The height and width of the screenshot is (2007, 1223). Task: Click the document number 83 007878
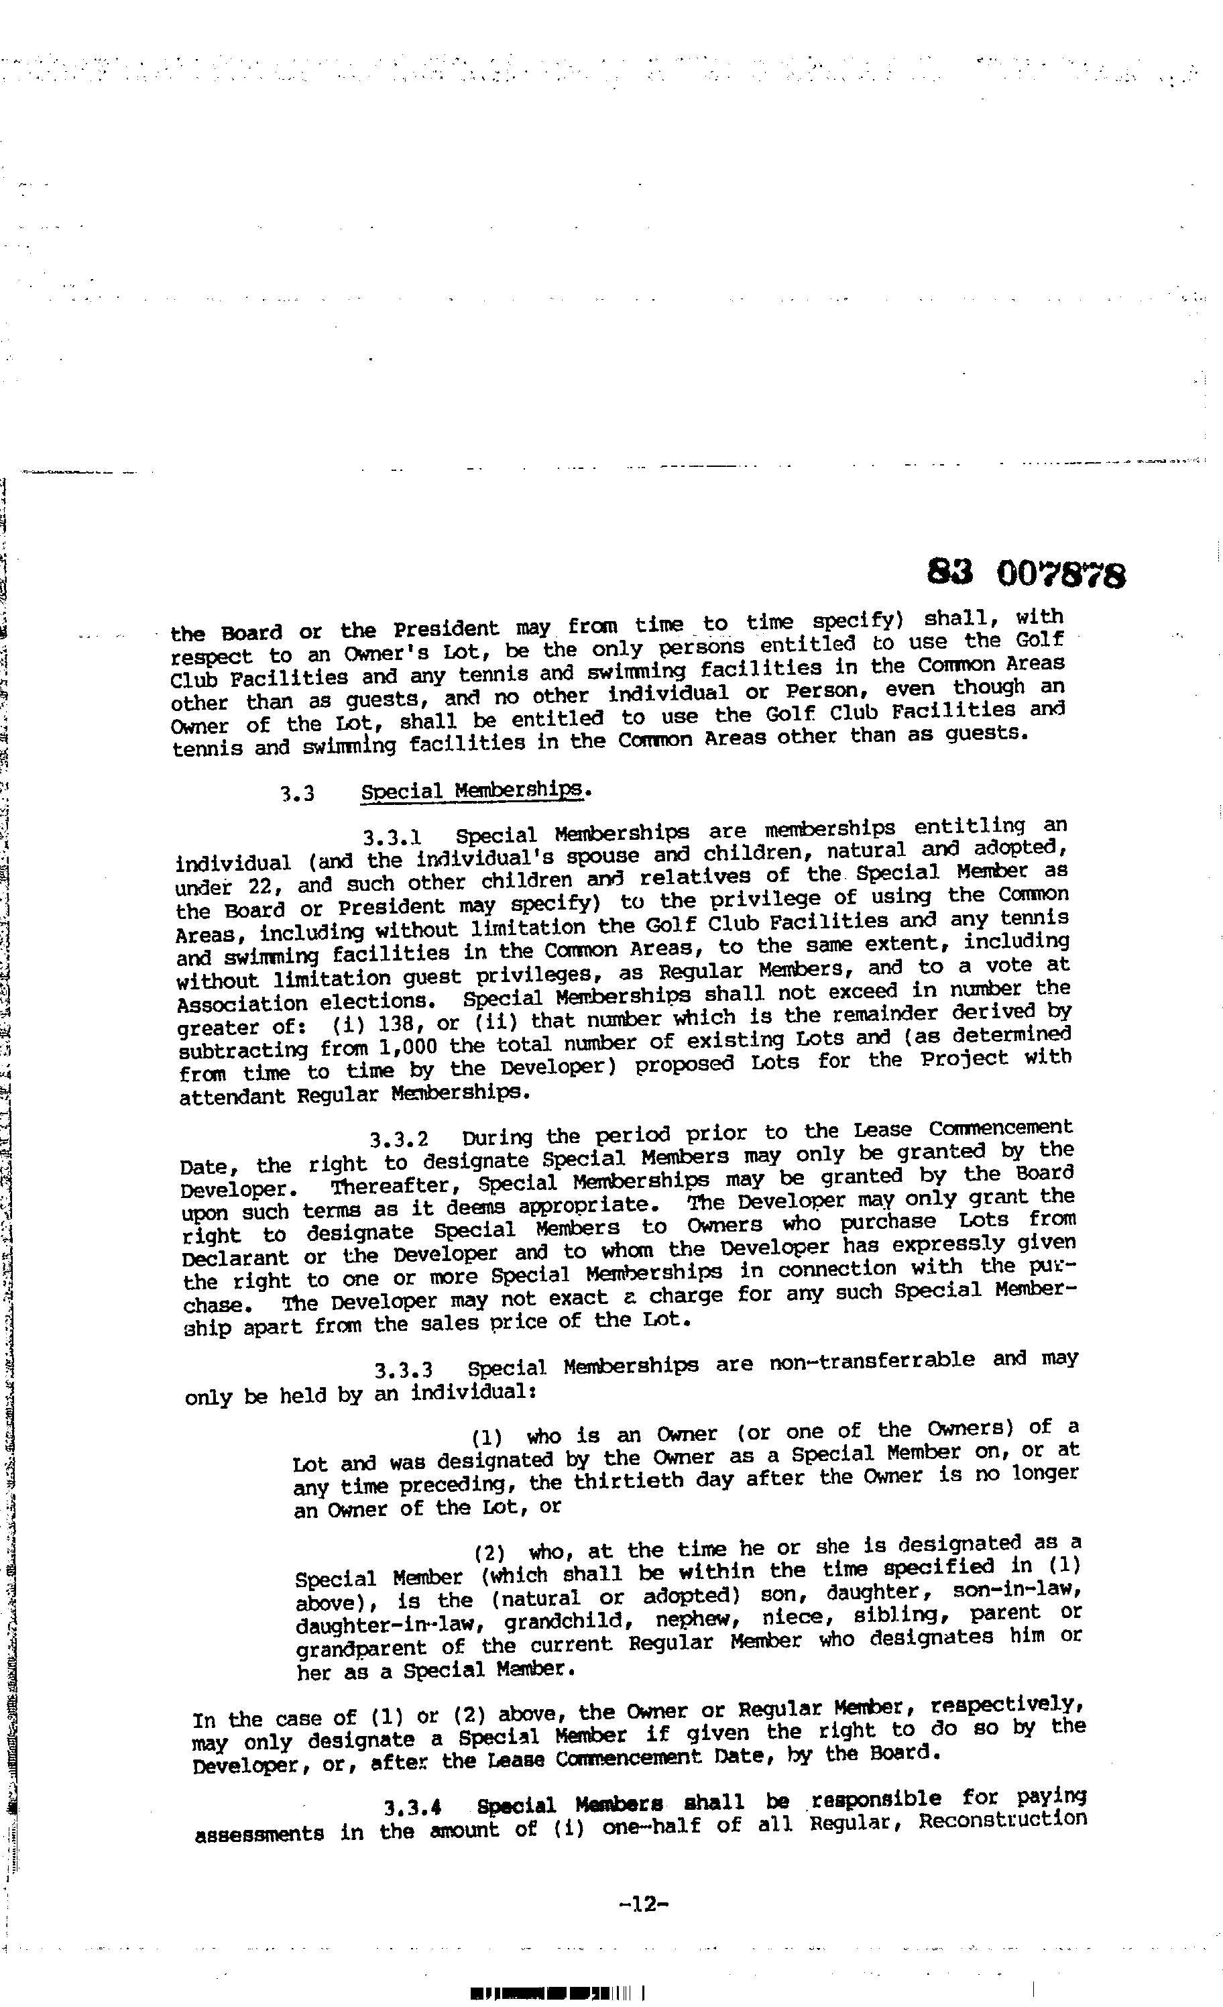tap(1026, 575)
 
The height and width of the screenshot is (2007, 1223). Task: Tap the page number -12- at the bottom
tap(643, 1904)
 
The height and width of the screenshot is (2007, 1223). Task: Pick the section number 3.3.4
tap(413, 1807)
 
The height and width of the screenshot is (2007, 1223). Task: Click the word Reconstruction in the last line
tap(1002, 1820)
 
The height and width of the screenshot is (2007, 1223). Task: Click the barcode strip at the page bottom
tap(557, 1993)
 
